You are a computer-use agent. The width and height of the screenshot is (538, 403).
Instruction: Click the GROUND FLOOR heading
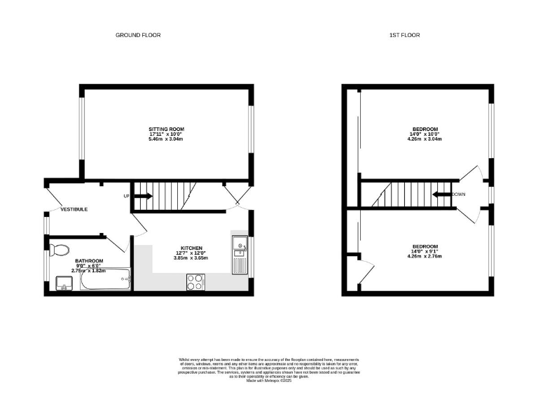pos(138,34)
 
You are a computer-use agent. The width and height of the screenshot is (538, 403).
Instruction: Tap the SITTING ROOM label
pos(166,129)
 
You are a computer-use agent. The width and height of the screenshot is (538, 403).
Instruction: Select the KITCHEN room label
pos(192,248)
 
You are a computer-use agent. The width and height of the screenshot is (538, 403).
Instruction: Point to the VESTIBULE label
pos(74,209)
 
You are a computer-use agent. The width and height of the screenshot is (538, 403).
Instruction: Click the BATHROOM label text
pos(90,260)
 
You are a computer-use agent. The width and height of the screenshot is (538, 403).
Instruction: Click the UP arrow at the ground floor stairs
pos(142,196)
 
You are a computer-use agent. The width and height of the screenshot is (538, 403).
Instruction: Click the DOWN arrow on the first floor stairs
pos(443,195)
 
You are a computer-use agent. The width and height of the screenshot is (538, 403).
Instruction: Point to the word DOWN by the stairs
pos(459,194)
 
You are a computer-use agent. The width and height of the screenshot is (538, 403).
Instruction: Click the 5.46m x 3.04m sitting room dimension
pos(166,139)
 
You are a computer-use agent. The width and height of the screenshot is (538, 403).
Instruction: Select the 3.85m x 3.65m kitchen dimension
pos(192,258)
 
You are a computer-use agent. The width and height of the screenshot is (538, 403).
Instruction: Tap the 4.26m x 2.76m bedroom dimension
pos(425,256)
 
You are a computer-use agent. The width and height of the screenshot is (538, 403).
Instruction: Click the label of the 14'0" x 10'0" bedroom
pos(425,129)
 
